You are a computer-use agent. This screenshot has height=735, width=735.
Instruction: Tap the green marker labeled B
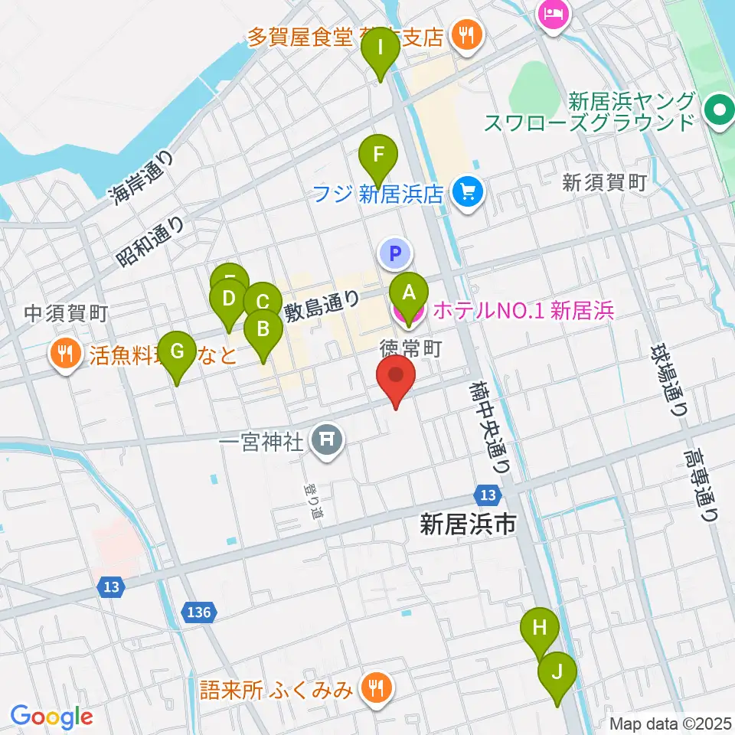(x=263, y=331)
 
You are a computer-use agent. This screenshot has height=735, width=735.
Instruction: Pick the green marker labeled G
(x=177, y=352)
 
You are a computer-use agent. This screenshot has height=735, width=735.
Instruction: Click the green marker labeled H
(x=540, y=629)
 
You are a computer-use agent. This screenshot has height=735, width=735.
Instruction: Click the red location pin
(x=396, y=377)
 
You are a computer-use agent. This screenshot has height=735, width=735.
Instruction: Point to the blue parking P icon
(x=395, y=252)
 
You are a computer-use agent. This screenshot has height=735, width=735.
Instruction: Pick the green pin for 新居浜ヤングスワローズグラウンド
(x=719, y=110)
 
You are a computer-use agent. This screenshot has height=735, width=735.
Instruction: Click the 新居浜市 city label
(x=467, y=524)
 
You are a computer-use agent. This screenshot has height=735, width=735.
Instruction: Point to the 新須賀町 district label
(x=605, y=182)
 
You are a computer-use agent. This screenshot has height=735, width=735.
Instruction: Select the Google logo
(x=51, y=717)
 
